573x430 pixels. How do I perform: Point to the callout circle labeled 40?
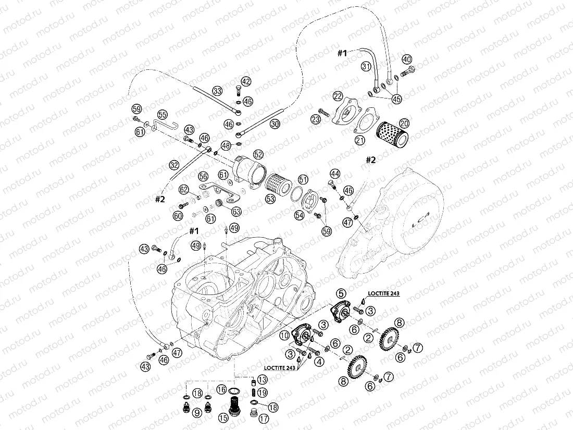coord(406,59)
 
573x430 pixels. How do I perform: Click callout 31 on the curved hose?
coord(366,66)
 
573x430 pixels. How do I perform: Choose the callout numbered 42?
coord(246,81)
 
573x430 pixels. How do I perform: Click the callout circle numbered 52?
coord(258,154)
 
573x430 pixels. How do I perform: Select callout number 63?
coord(237,211)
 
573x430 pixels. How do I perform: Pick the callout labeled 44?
coord(334,173)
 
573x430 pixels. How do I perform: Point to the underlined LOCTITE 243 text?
coord(383,294)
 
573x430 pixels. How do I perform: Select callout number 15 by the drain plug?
coord(223,417)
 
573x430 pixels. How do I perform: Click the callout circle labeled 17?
coord(264,417)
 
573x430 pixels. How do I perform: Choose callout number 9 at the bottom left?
coord(197,413)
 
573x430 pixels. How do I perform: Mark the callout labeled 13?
coord(262,379)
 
